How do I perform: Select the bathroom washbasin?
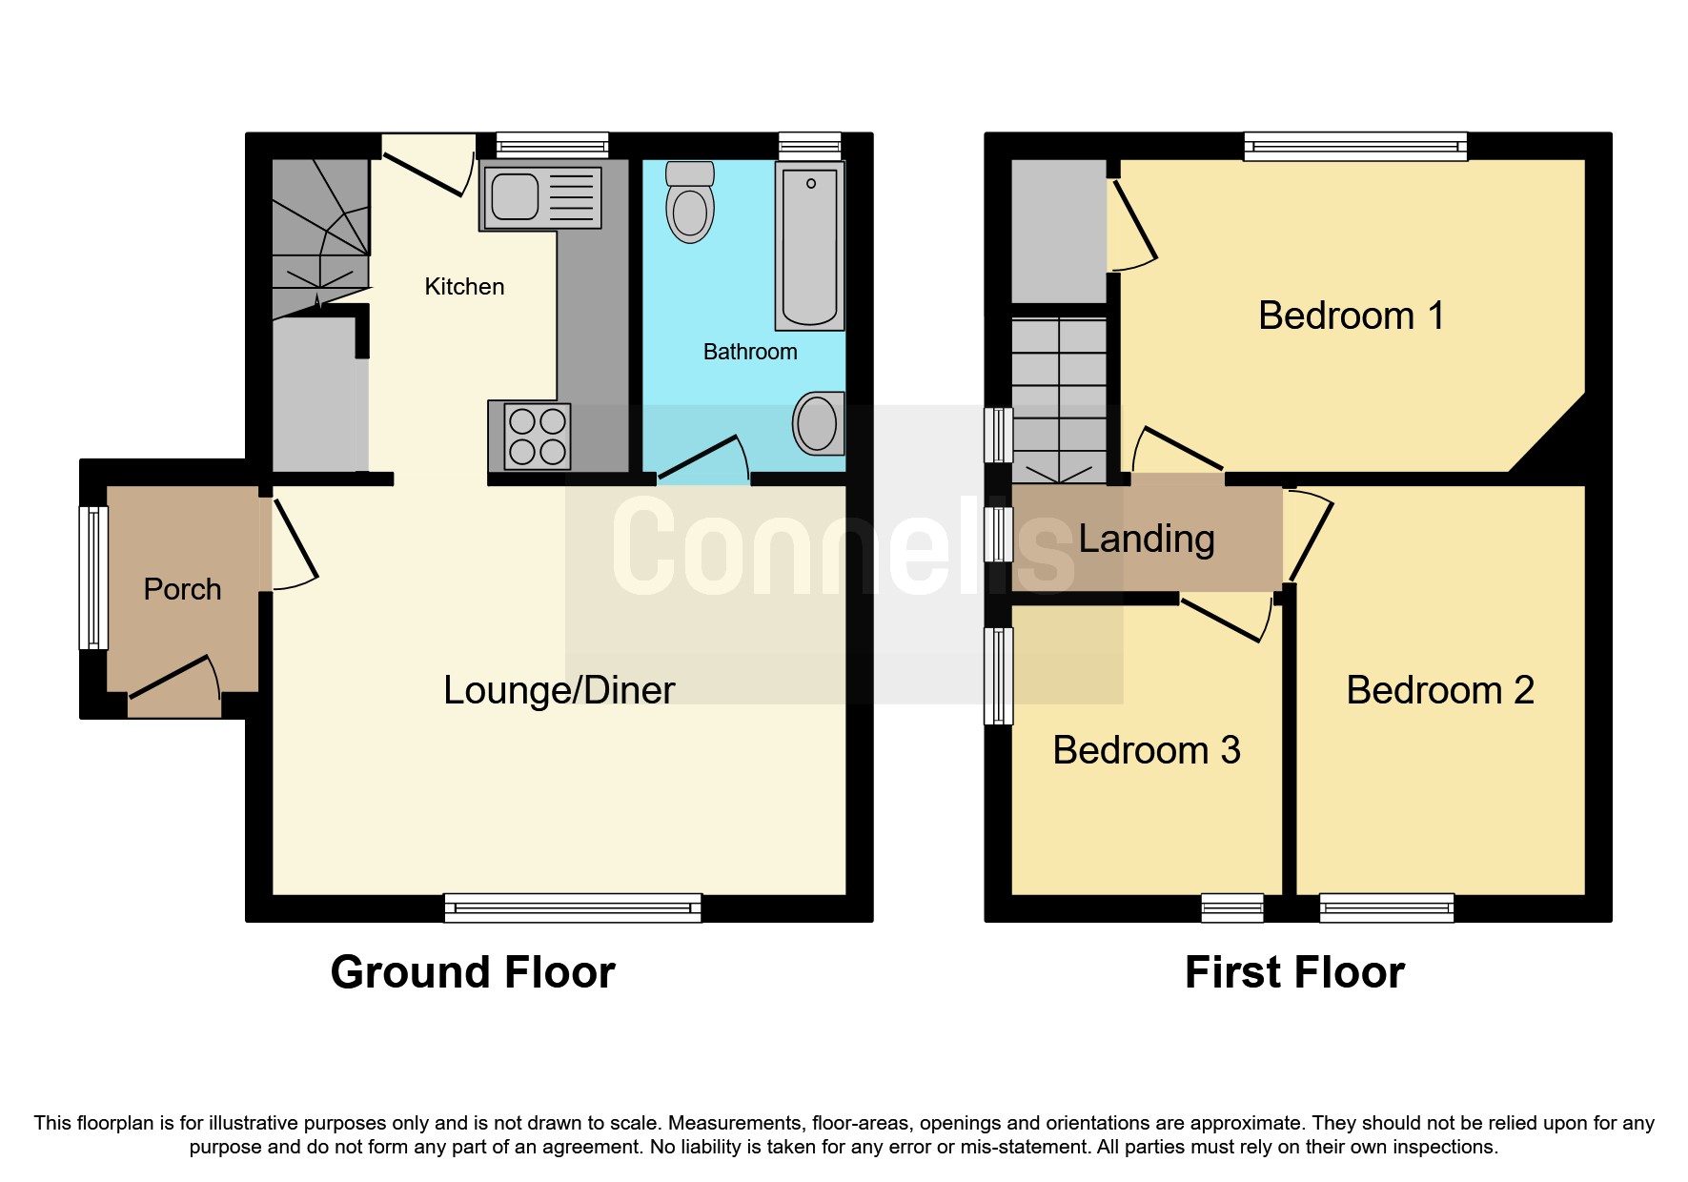[817, 423]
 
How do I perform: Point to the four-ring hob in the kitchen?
[538, 437]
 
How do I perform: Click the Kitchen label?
[464, 287]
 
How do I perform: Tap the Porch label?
[182, 590]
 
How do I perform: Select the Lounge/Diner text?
[559, 690]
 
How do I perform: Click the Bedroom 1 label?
[1351, 316]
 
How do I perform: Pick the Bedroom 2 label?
[1439, 690]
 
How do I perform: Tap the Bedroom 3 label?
[1146, 750]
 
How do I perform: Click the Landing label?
[1146, 540]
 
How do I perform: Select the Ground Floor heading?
[473, 972]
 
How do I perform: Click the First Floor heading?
[1294, 972]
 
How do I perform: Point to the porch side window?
[93, 578]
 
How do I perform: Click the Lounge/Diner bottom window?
[573, 907]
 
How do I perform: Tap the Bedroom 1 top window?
[1354, 146]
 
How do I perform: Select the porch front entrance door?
[172, 678]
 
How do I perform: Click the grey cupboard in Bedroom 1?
[1058, 231]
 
